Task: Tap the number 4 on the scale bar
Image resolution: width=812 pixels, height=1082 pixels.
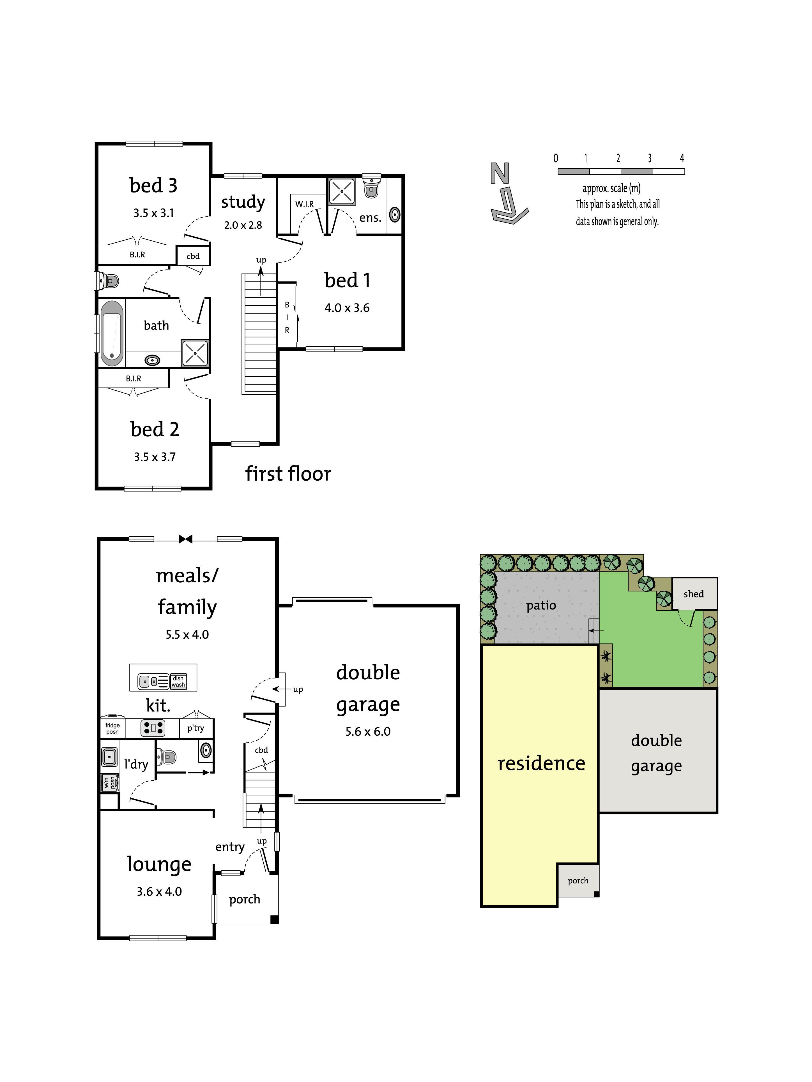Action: [682, 158]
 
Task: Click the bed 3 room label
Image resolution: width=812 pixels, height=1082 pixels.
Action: [153, 186]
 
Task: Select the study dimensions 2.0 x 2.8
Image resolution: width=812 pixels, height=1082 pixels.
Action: [243, 225]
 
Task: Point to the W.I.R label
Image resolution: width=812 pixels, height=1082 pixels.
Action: [304, 204]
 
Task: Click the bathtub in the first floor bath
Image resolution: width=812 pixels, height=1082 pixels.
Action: [112, 333]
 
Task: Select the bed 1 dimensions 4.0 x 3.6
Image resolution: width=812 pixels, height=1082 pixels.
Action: [347, 308]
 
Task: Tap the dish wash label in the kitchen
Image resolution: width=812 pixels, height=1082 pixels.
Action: [178, 681]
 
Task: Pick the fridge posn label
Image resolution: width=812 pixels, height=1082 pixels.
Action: [112, 728]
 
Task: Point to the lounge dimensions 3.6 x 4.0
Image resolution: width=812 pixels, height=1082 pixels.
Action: [159, 891]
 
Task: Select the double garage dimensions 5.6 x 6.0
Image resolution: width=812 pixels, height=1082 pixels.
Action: [368, 731]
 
